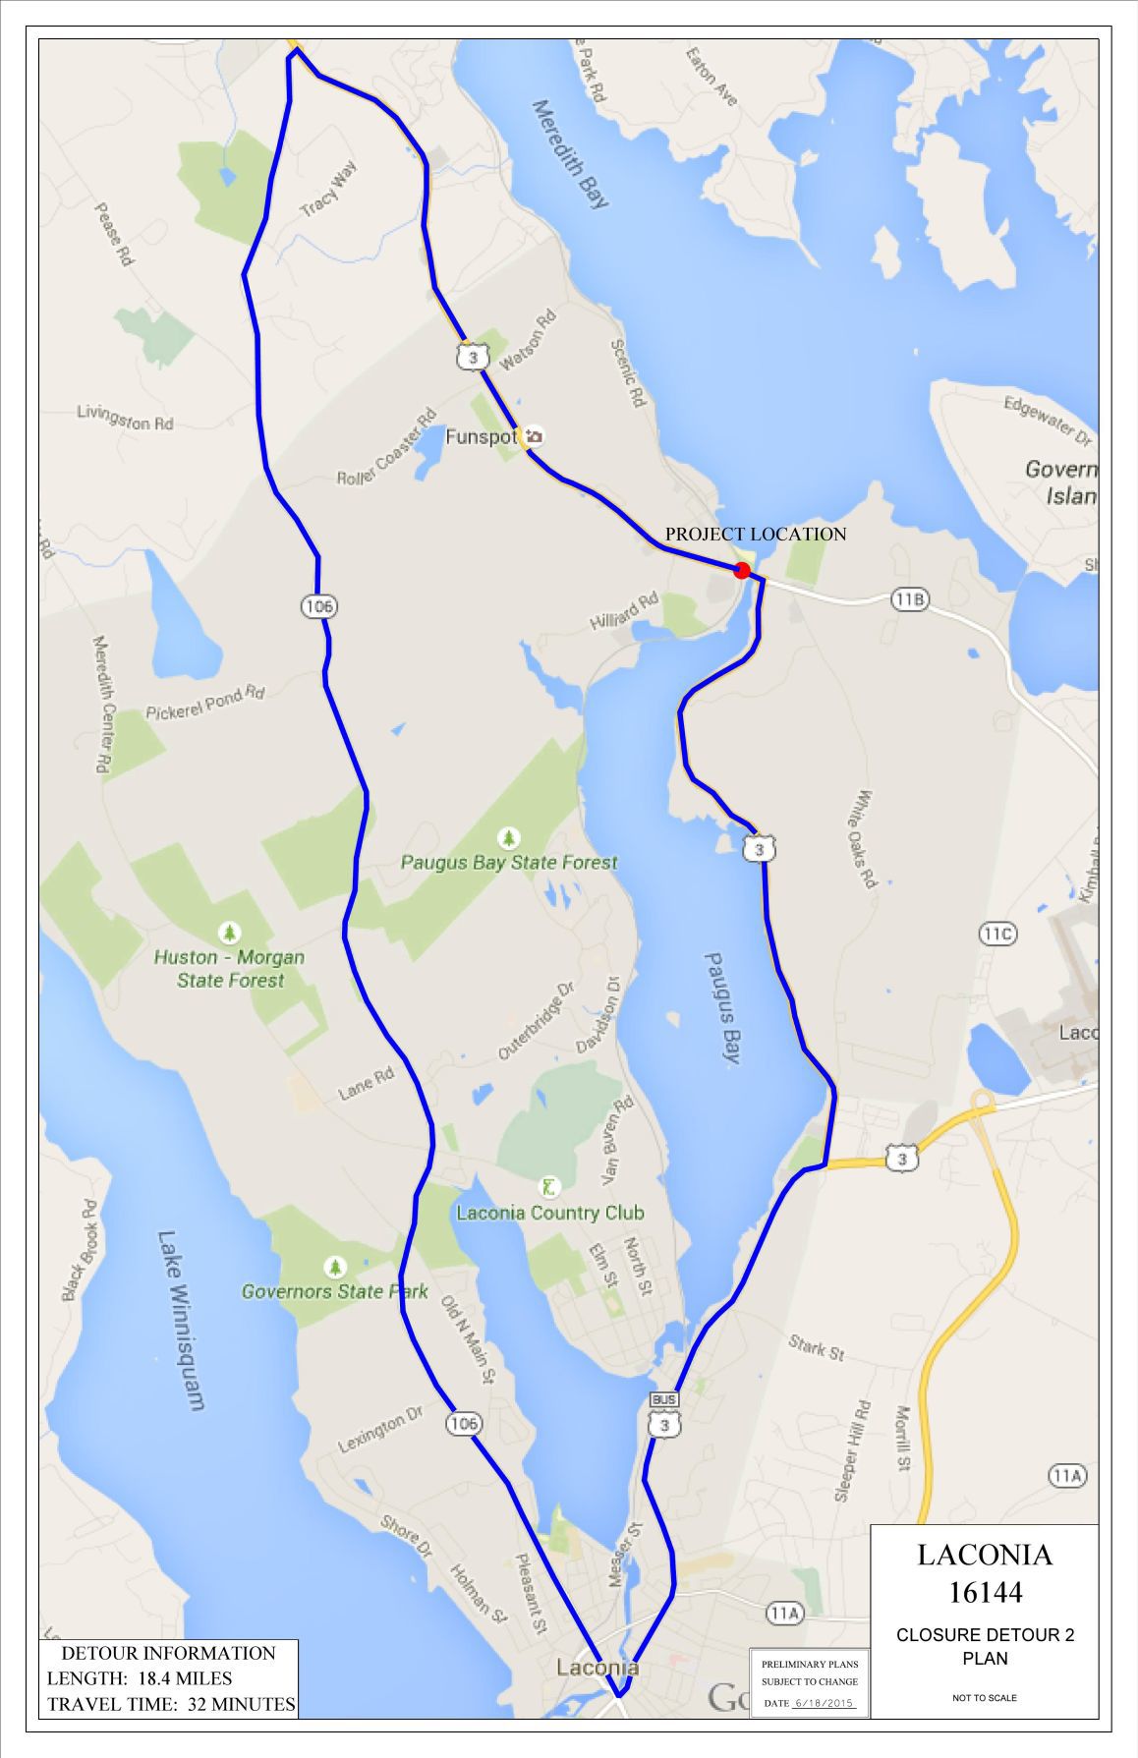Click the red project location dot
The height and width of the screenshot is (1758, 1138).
(x=742, y=570)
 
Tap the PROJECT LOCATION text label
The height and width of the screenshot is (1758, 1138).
(x=755, y=535)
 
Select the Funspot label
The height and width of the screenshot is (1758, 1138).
(x=481, y=436)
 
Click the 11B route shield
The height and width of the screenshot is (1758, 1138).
(x=910, y=598)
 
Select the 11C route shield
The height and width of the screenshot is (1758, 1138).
(x=996, y=934)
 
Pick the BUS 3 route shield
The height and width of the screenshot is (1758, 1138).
(x=665, y=1415)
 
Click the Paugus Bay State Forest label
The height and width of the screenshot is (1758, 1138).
(x=509, y=863)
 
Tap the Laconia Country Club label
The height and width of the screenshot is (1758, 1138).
(x=549, y=1213)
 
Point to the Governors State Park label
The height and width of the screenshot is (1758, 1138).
(x=334, y=1291)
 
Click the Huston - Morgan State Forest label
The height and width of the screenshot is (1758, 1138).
(x=230, y=968)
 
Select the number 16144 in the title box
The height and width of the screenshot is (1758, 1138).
(x=985, y=1591)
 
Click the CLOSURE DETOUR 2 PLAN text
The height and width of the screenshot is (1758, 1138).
(x=985, y=1646)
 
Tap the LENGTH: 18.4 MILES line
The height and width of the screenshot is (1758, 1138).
(x=140, y=1677)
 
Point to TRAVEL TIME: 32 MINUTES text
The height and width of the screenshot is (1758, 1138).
(x=171, y=1704)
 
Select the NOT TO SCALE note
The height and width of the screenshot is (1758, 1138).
(x=984, y=1697)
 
